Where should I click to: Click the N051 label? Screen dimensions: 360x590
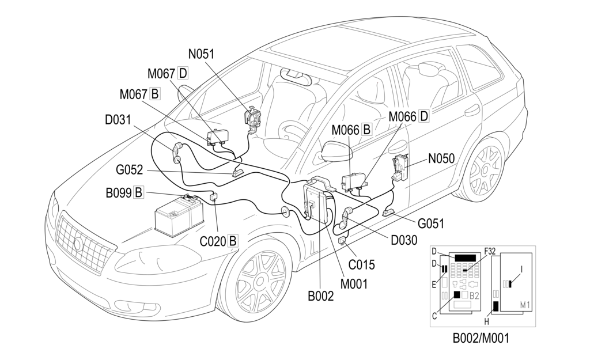[x=201, y=54]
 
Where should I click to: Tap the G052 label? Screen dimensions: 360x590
[x=130, y=170]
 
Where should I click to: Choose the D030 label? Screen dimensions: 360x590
[x=404, y=240]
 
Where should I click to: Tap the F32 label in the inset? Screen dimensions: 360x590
[x=491, y=251]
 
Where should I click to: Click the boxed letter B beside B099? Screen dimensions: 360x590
[x=138, y=192]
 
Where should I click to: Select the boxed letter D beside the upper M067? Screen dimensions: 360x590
[x=183, y=73]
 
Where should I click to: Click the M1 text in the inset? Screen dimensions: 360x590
[x=525, y=304]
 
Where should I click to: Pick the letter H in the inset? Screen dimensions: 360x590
[x=487, y=321]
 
